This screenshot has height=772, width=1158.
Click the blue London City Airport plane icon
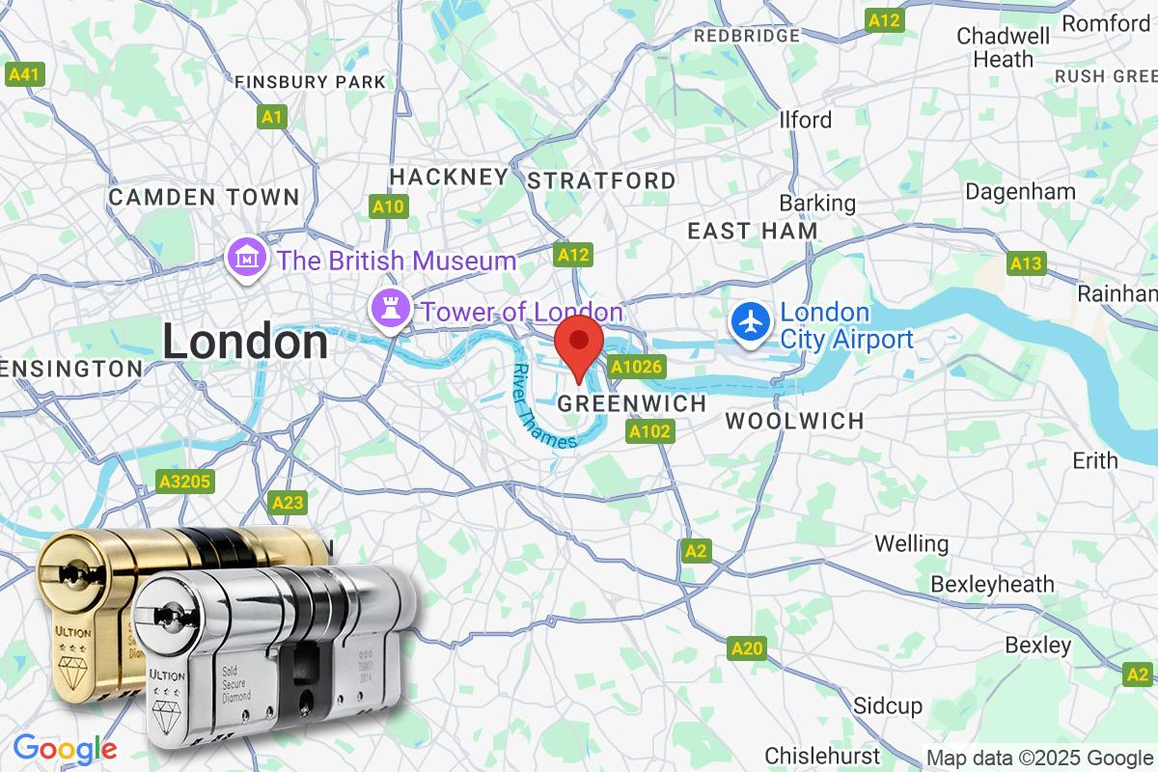click(750, 320)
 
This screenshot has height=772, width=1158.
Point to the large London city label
click(244, 342)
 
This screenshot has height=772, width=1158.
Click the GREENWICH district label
click(632, 403)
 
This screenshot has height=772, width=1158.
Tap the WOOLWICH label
click(794, 421)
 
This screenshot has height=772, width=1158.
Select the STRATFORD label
click(602, 180)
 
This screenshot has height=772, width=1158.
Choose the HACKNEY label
click(448, 176)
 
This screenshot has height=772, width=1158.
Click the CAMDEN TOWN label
click(204, 197)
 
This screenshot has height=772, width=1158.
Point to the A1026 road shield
click(638, 368)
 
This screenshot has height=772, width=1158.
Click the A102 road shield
click(648, 431)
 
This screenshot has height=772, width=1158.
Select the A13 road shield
click(1026, 262)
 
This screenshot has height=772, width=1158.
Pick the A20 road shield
click(747, 648)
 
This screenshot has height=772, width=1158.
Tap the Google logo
click(64, 748)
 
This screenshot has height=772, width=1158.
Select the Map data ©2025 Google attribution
click(1040, 758)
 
